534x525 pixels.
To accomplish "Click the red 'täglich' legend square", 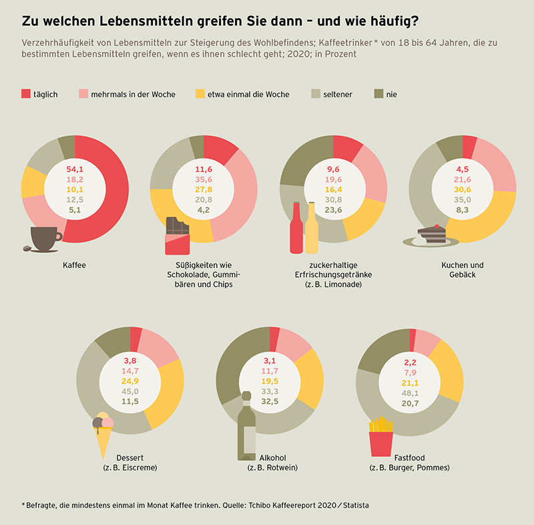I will point(26,94).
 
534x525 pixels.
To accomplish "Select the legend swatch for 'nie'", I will point(378,94).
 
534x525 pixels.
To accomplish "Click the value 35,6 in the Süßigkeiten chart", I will point(204,179).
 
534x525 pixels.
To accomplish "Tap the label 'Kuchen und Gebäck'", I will point(463,270).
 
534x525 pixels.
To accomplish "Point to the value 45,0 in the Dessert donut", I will point(130,392).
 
